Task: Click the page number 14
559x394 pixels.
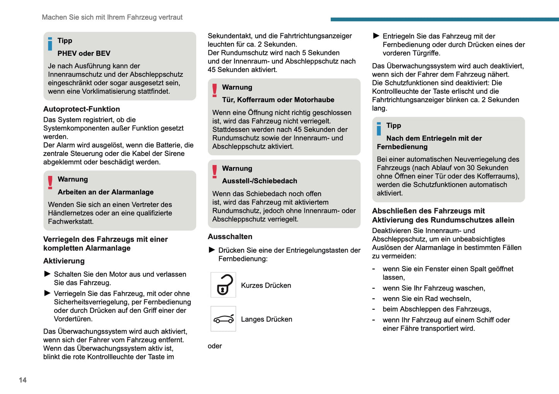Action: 23,380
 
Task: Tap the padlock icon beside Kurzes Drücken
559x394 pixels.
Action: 223,285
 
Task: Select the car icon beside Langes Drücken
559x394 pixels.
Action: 223,319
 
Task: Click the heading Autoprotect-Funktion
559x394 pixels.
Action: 82,109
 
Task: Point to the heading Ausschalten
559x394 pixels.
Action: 230,236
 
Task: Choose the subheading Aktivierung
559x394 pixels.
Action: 64,261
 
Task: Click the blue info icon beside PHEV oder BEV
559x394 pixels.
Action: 50,44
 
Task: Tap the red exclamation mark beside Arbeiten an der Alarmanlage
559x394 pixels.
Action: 50,182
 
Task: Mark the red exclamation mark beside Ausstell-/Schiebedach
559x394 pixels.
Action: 215,171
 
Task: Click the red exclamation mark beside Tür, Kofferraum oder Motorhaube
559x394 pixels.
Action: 215,90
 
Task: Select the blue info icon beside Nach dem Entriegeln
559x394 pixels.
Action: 379,128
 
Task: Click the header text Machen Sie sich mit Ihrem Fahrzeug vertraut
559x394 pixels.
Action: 112,17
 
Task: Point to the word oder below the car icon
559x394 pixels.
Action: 215,346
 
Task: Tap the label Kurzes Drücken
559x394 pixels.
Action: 266,286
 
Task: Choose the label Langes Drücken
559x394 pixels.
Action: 267,319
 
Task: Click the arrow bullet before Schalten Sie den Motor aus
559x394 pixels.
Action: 48,274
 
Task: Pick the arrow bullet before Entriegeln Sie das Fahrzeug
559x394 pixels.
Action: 376,36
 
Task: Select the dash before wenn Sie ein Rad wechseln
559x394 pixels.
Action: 374,299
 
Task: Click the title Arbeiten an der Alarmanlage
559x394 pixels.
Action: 106,192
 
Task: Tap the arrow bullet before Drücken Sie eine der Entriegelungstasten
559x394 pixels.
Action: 212,250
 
